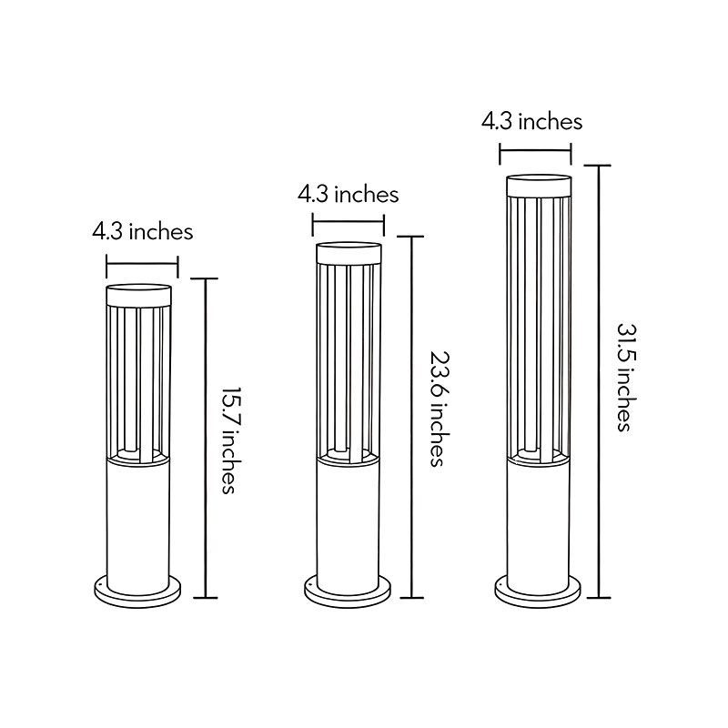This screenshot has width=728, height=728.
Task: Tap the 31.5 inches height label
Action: [x=623, y=376]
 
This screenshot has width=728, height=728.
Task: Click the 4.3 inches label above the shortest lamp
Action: [x=142, y=231]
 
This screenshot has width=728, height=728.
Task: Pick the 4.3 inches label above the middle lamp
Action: [x=349, y=194]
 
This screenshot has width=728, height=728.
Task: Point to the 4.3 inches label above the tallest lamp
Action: [x=532, y=120]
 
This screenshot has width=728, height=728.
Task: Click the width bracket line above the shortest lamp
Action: [x=142, y=268]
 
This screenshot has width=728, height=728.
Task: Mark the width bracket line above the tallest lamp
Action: [x=535, y=151]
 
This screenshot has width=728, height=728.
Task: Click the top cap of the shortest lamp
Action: [x=139, y=294]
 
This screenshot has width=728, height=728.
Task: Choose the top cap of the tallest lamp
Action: [x=538, y=185]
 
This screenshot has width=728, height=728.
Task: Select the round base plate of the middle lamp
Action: [x=349, y=591]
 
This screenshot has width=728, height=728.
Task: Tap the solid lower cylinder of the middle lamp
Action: [x=349, y=519]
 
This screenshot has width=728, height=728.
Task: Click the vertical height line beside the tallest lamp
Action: [x=598, y=382]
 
